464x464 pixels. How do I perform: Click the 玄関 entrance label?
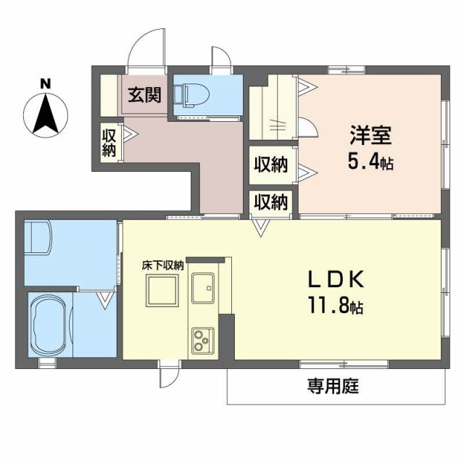pos(144,95)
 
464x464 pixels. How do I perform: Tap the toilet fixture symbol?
pos(191,95)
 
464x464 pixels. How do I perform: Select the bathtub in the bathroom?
pos(50,324)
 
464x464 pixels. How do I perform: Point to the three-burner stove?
pos(203,341)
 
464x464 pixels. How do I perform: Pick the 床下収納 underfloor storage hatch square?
pos(162,290)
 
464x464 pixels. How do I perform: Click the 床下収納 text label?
pos(162,265)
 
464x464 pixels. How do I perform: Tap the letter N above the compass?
pos(46,84)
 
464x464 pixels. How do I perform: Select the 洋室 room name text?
pos(370,136)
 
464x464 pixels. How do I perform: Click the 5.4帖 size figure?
pos(370,162)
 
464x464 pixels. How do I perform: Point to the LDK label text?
pos(336,280)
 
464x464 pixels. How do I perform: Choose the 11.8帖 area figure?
pos(336,305)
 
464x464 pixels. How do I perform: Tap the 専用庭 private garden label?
pos(333,386)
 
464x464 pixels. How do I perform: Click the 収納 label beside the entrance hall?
pos(109,144)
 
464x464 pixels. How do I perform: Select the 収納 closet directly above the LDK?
pos(270,202)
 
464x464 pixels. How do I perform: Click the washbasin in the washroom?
pos(38,237)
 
